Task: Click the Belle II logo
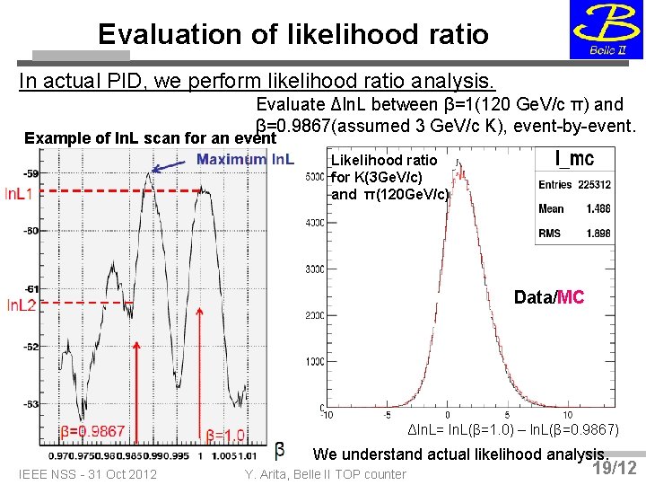coord(606,31)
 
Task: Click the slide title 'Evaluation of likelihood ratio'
coord(293,34)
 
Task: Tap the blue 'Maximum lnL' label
coord(245,160)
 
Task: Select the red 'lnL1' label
coord(20,194)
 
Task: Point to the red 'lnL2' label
coord(21,306)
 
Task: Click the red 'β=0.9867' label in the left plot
coord(92,432)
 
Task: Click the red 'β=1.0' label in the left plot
coord(225,436)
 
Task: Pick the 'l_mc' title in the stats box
coord(574,160)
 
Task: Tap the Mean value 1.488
coord(598,208)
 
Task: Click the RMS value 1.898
coord(598,233)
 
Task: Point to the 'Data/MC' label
coord(549,297)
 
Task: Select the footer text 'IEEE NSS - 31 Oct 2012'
coord(87,474)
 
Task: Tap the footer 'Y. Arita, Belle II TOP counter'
coord(325,474)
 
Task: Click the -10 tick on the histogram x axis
coord(327,414)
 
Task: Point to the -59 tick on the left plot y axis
coord(31,172)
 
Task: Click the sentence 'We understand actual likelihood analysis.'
coord(461,454)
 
